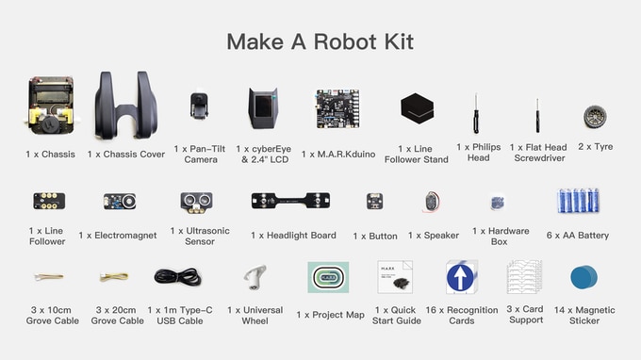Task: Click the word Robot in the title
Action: coord(346,41)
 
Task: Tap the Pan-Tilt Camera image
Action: coord(199,106)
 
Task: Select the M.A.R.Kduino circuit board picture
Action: coord(337,108)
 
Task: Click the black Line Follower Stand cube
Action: coord(417,107)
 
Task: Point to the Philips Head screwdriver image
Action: coord(476,113)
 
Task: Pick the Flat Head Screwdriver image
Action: coord(537,115)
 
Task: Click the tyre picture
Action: coord(595,117)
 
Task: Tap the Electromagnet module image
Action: coord(120,201)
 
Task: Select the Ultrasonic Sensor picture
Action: coord(197,203)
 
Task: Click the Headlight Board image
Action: coord(290,201)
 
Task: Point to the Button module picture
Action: coord(374,201)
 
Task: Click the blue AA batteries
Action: coord(578,201)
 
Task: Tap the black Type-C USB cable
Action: coord(178,277)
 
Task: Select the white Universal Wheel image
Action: coord(255,277)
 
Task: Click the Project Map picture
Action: coord(328,277)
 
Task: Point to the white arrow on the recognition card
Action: coord(461,278)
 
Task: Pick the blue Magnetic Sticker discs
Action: coord(583,277)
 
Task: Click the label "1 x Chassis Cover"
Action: coord(126,154)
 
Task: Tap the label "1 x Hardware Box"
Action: coord(501,237)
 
